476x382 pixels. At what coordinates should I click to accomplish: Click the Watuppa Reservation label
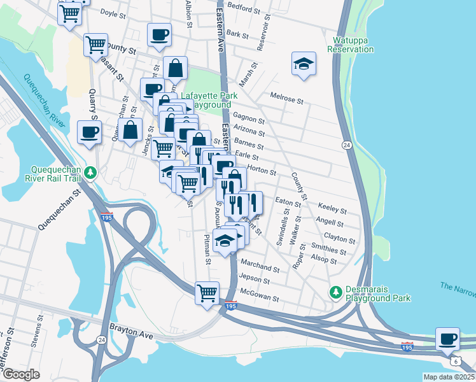(351, 45)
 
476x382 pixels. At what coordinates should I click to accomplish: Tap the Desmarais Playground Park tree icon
(335, 292)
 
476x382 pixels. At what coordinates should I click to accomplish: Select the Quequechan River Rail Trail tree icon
(91, 172)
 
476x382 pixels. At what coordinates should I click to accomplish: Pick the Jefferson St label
(9, 343)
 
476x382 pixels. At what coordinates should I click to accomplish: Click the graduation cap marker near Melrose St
(304, 64)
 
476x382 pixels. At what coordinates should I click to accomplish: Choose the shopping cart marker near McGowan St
(207, 294)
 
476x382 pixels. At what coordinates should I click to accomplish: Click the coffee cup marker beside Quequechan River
(88, 132)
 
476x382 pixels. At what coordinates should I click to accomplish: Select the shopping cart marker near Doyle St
(69, 13)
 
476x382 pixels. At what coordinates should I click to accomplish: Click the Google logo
(21, 374)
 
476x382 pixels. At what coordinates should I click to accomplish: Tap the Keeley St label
(333, 209)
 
